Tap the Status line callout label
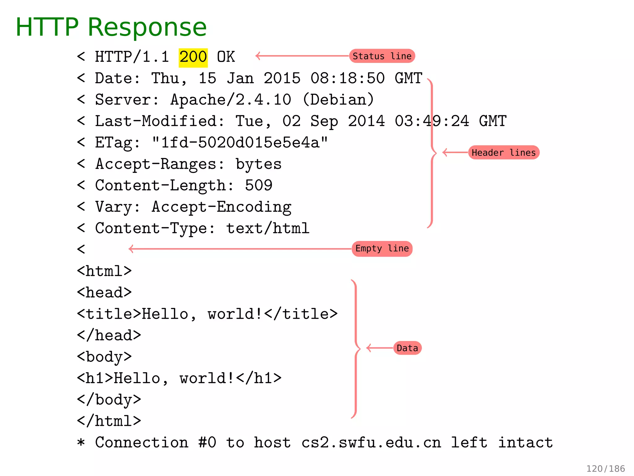coord(382,56)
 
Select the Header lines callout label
coord(504,152)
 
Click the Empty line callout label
coord(382,249)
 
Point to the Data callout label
coord(407,348)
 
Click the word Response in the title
coord(147,27)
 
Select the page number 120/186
coord(606,468)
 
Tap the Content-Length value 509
coord(258,186)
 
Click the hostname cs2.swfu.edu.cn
coord(371,443)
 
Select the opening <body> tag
coord(104,357)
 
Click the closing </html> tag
coord(109,421)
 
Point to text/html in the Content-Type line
coord(268,229)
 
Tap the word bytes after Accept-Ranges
coord(258,164)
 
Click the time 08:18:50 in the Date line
coord(347,78)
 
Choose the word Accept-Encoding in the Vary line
coord(221,207)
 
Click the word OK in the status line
coord(226,57)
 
